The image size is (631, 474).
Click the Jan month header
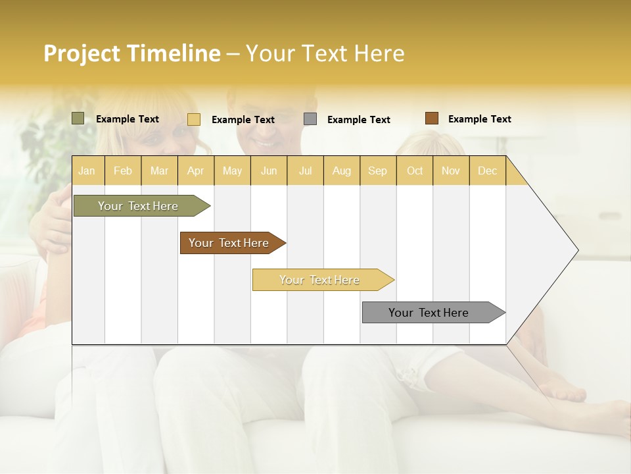click(87, 171)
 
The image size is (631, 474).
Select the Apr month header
click(195, 171)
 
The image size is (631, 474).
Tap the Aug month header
click(341, 171)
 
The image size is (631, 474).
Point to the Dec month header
click(487, 171)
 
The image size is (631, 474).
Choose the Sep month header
click(377, 171)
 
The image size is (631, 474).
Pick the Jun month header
click(268, 171)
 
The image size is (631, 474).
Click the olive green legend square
click(78, 118)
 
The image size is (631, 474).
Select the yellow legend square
click(193, 119)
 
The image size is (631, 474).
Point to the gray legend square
click(310, 119)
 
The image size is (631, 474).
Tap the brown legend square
click(431, 118)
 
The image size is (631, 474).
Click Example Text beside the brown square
click(479, 119)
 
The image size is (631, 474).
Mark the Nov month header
click(450, 171)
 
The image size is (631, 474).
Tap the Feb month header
click(122, 171)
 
